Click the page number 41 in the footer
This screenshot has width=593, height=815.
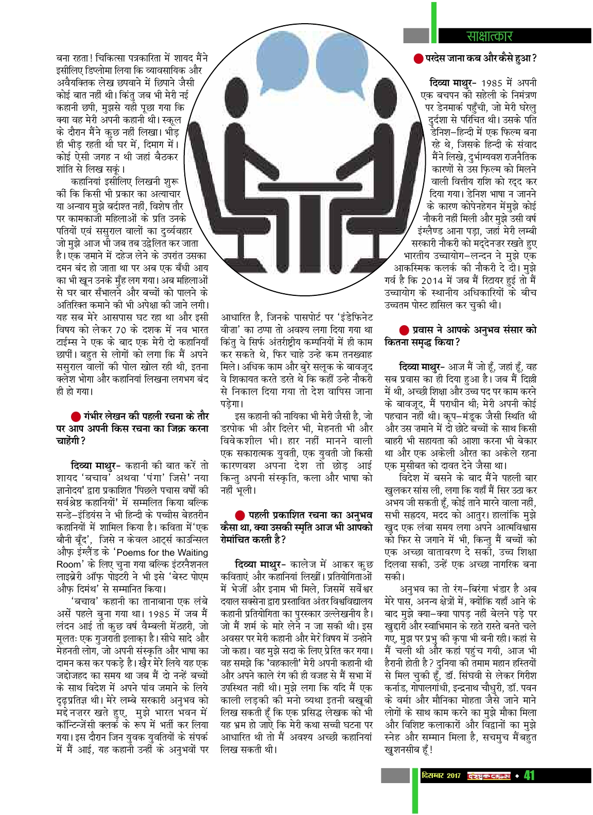point(529,775)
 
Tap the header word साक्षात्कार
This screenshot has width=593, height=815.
point(489,36)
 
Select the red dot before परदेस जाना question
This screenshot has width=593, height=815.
point(418,59)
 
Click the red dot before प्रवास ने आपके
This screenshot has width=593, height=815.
point(404,330)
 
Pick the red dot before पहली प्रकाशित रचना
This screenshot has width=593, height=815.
point(240,515)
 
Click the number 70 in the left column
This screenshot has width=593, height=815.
point(120,330)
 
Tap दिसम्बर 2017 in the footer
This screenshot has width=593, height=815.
point(441,775)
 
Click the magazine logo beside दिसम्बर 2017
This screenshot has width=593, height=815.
point(489,775)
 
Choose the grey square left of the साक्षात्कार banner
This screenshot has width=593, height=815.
point(416,35)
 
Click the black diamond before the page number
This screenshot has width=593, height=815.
point(517,775)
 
